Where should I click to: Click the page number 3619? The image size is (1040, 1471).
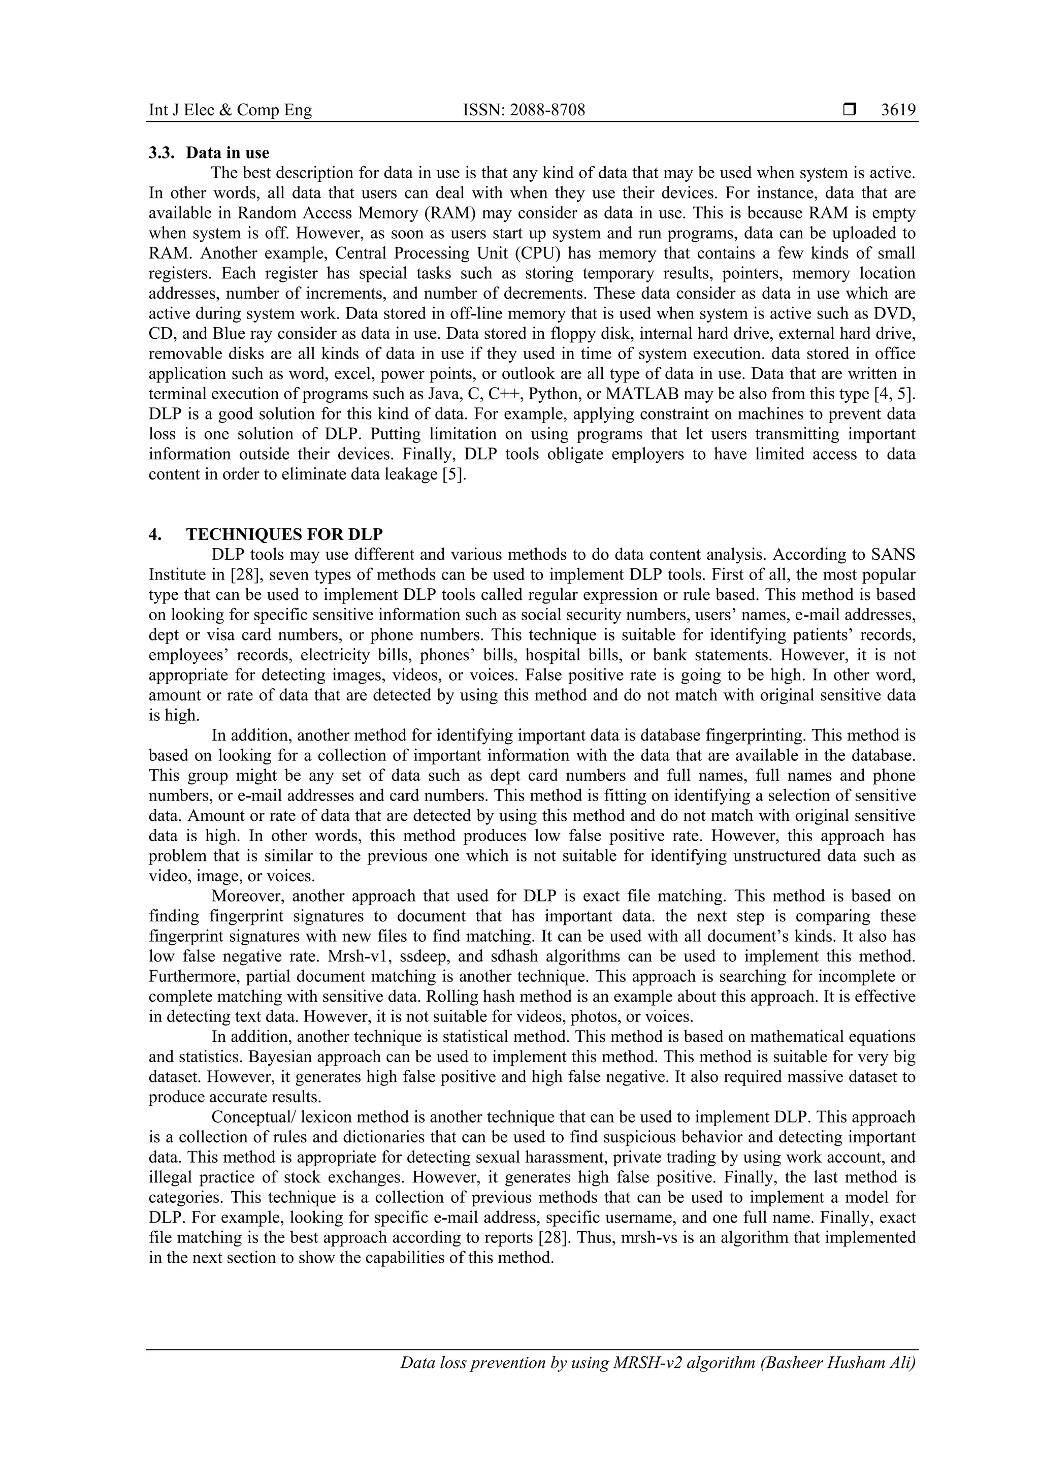click(x=898, y=110)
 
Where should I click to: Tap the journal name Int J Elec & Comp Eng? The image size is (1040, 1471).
click(x=230, y=110)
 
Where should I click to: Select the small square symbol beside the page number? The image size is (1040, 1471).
click(x=850, y=110)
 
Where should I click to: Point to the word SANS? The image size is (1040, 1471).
click(x=893, y=554)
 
